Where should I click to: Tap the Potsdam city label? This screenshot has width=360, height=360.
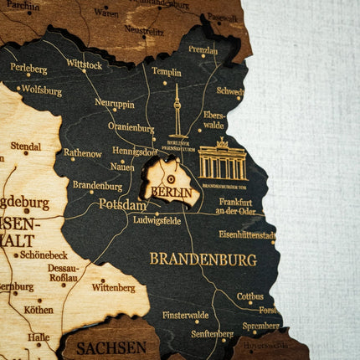pos(123,204)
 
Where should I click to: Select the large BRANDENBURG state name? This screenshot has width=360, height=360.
pos(203,260)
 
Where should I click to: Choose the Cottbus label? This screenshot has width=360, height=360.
pos(249,296)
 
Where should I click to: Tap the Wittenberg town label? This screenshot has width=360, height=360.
pos(113,287)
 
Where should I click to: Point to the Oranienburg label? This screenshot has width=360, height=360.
pos(131,128)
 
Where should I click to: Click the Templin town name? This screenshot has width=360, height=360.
pos(167,73)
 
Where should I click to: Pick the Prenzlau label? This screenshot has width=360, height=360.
pos(203,50)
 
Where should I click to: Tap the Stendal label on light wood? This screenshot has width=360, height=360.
pos(25,147)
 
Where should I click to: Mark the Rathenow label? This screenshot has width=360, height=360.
pos(82,153)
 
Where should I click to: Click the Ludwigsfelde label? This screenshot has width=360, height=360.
pos(157,220)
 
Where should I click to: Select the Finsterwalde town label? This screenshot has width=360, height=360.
pos(186,316)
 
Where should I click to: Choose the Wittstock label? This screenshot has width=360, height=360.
pos(84,64)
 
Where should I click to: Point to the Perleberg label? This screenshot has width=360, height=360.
pos(28,68)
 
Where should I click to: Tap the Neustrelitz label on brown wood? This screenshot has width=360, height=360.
pos(144,30)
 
